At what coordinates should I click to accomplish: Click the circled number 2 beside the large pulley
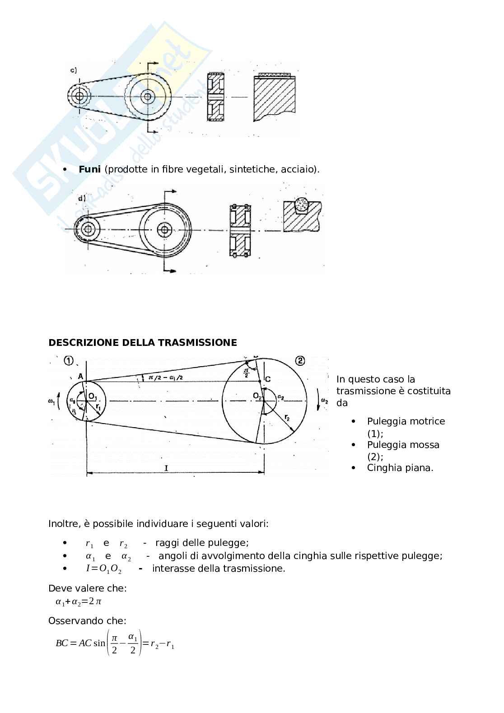click(300, 361)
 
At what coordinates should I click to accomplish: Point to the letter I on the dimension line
click(166, 468)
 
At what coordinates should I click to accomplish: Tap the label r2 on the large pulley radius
click(288, 419)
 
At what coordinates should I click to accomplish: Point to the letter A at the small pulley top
click(80, 377)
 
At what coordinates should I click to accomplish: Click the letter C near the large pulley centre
click(268, 379)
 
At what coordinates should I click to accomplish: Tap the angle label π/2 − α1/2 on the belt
click(164, 377)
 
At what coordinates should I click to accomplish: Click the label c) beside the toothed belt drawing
click(74, 70)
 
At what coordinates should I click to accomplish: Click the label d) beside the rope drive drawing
click(82, 198)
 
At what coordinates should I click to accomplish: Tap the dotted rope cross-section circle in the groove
click(301, 205)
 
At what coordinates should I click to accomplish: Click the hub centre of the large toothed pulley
click(147, 96)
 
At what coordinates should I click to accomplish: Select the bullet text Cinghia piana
click(400, 468)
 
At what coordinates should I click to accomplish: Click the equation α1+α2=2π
click(78, 601)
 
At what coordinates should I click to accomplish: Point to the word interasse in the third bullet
click(172, 569)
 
